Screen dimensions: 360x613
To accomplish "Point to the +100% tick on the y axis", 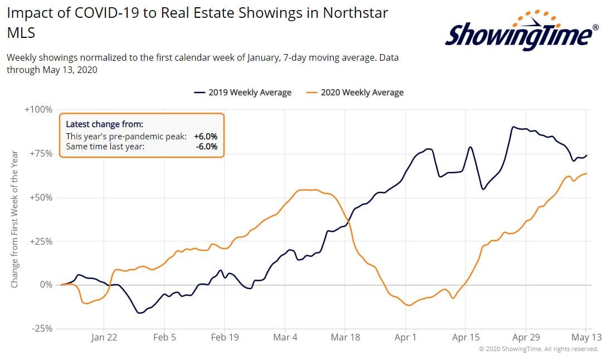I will pos(38,110).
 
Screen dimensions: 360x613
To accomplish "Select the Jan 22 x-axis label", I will pos(104,338).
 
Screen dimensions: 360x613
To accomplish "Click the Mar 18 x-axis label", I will pos(346,338).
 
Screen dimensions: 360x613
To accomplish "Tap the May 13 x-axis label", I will pos(586,338).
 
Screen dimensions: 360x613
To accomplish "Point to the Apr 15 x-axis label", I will pos(466,338).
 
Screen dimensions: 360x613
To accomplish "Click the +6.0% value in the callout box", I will pos(206,137).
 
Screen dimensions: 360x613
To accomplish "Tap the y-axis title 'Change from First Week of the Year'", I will pos(14,219).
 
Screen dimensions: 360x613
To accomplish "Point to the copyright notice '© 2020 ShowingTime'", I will pos(538,349).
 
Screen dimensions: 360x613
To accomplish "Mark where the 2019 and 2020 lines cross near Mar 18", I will pos(348,224).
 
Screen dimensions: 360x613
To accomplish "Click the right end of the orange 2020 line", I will pos(587,173).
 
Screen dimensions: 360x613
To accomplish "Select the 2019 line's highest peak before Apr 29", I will pos(513,127).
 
